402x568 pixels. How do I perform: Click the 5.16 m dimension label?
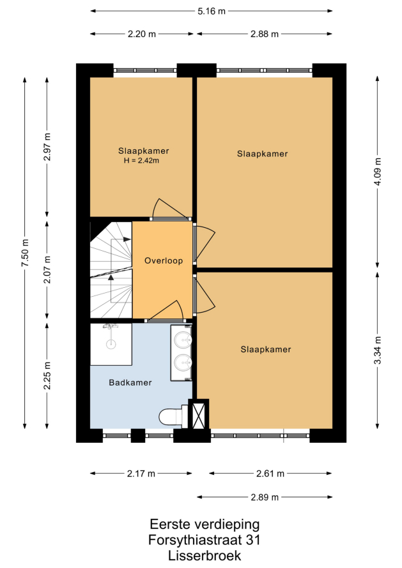[211, 11]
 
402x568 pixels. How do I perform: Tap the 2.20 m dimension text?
[141, 34]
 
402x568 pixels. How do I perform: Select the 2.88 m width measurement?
[265, 34]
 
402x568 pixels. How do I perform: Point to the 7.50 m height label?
[26, 253]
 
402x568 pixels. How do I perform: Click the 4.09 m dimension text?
[378, 172]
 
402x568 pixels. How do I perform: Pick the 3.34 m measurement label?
[378, 350]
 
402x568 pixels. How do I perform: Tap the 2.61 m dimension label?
[270, 474]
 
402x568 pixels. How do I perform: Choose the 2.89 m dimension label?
[265, 497]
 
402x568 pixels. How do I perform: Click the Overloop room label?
[164, 261]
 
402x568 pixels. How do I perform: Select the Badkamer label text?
[130, 382]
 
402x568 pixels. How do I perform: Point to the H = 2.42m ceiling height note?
[141, 160]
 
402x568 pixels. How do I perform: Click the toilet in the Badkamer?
[174, 417]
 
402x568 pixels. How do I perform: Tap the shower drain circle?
[111, 344]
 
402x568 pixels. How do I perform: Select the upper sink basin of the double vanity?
[183, 340]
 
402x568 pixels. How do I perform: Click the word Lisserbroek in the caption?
[205, 555]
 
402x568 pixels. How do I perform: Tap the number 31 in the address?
[253, 540]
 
